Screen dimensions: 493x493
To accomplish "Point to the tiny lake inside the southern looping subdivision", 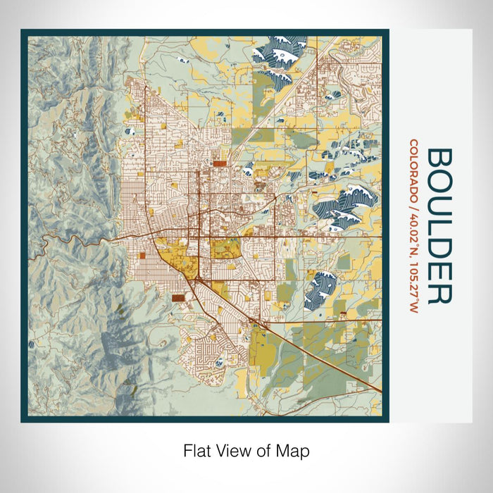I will pyautogui.click(x=220, y=362).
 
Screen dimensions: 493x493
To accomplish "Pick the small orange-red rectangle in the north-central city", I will pyautogui.click(x=219, y=163).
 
